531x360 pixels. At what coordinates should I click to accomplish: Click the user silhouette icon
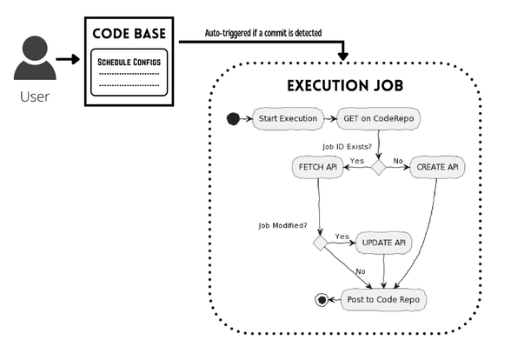[x=34, y=60]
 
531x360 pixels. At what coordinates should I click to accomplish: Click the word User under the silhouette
[x=34, y=97]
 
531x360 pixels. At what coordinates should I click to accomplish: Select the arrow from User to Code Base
[x=67, y=60]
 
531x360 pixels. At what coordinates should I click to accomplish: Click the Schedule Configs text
[x=129, y=62]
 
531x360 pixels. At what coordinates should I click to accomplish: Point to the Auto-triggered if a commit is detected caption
[x=262, y=33]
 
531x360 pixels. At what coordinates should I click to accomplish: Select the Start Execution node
[x=287, y=119]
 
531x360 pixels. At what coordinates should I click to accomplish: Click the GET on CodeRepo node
[x=379, y=119]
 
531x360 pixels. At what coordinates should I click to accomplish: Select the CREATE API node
[x=435, y=167]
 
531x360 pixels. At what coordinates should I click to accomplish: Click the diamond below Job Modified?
[x=320, y=243]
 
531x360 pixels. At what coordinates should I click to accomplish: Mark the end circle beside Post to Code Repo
[x=322, y=300]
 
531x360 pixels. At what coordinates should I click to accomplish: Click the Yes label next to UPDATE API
[x=342, y=237]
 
